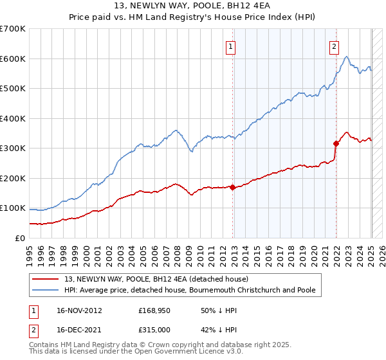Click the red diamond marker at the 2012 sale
coord(232,188)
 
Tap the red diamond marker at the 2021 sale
coord(336,143)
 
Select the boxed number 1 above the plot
coord(230,46)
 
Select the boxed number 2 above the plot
coord(335,46)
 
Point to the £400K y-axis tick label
coord(13,118)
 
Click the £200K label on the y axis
coord(13,178)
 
